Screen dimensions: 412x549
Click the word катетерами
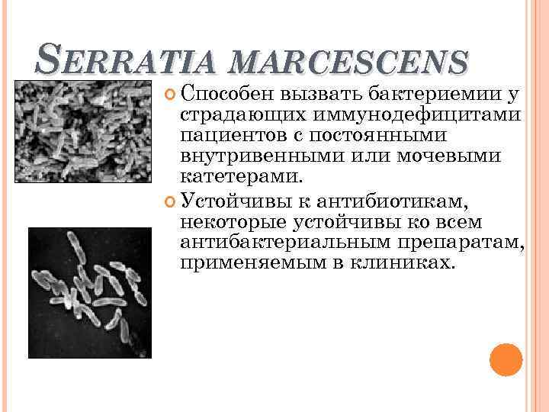coord(239,177)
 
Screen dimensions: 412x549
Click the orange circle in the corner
coord(506,359)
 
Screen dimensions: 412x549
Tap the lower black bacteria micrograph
coord(90,293)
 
